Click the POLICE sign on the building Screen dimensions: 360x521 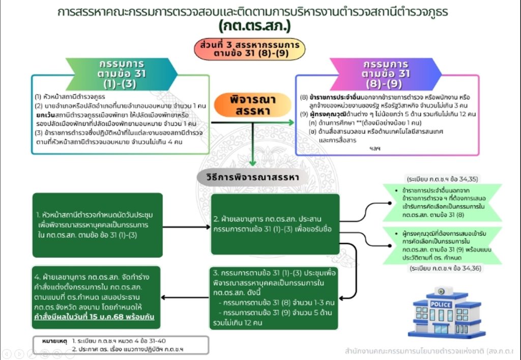pyautogui.click(x=441, y=304)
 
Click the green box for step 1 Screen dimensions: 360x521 pyautogui.click(x=98, y=224)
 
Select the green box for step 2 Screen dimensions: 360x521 pyautogui.click(x=275, y=224)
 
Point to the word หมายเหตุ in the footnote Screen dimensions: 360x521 pyautogui.click(x=53, y=339)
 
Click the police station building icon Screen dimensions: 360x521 pyautogui.click(x=440, y=312)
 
